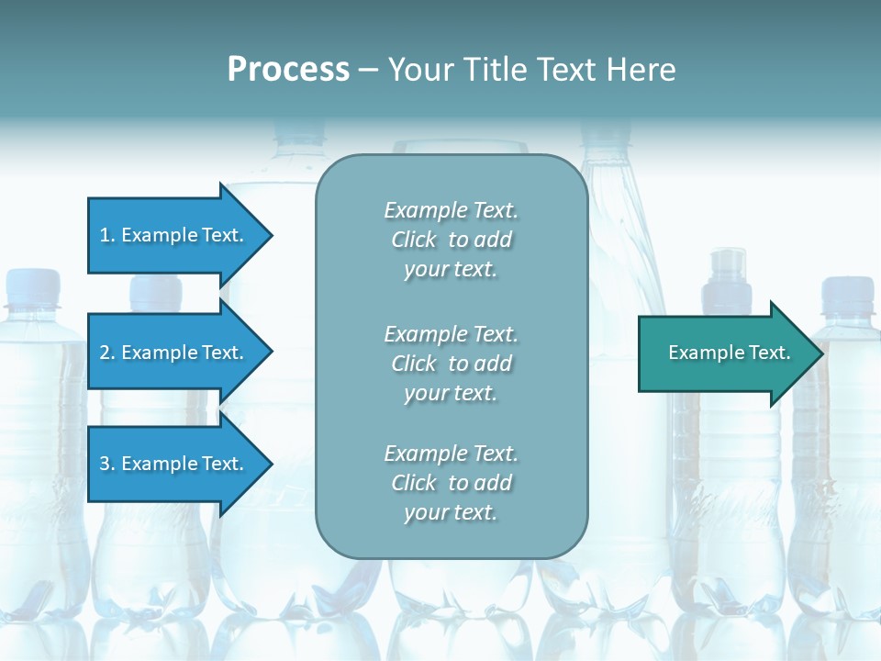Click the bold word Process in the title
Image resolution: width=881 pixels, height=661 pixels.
288,70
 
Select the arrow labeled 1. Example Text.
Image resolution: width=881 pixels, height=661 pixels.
174,235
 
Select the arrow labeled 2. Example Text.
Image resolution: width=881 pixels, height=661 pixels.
174,353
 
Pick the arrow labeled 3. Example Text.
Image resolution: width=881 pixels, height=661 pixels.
174,464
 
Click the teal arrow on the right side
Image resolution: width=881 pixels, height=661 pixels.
725,353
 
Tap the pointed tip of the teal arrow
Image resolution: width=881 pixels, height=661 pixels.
820,353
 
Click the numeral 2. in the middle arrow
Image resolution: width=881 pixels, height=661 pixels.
106,353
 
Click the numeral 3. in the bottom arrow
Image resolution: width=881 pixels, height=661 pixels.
106,464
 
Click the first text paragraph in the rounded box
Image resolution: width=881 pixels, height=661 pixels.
451,240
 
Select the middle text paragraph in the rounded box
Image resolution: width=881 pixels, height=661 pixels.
451,364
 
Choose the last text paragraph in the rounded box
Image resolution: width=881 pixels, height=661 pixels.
451,483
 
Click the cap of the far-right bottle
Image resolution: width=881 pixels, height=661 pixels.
850,292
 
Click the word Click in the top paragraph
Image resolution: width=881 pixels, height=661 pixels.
414,241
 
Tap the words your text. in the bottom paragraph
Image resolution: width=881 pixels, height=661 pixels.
451,512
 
